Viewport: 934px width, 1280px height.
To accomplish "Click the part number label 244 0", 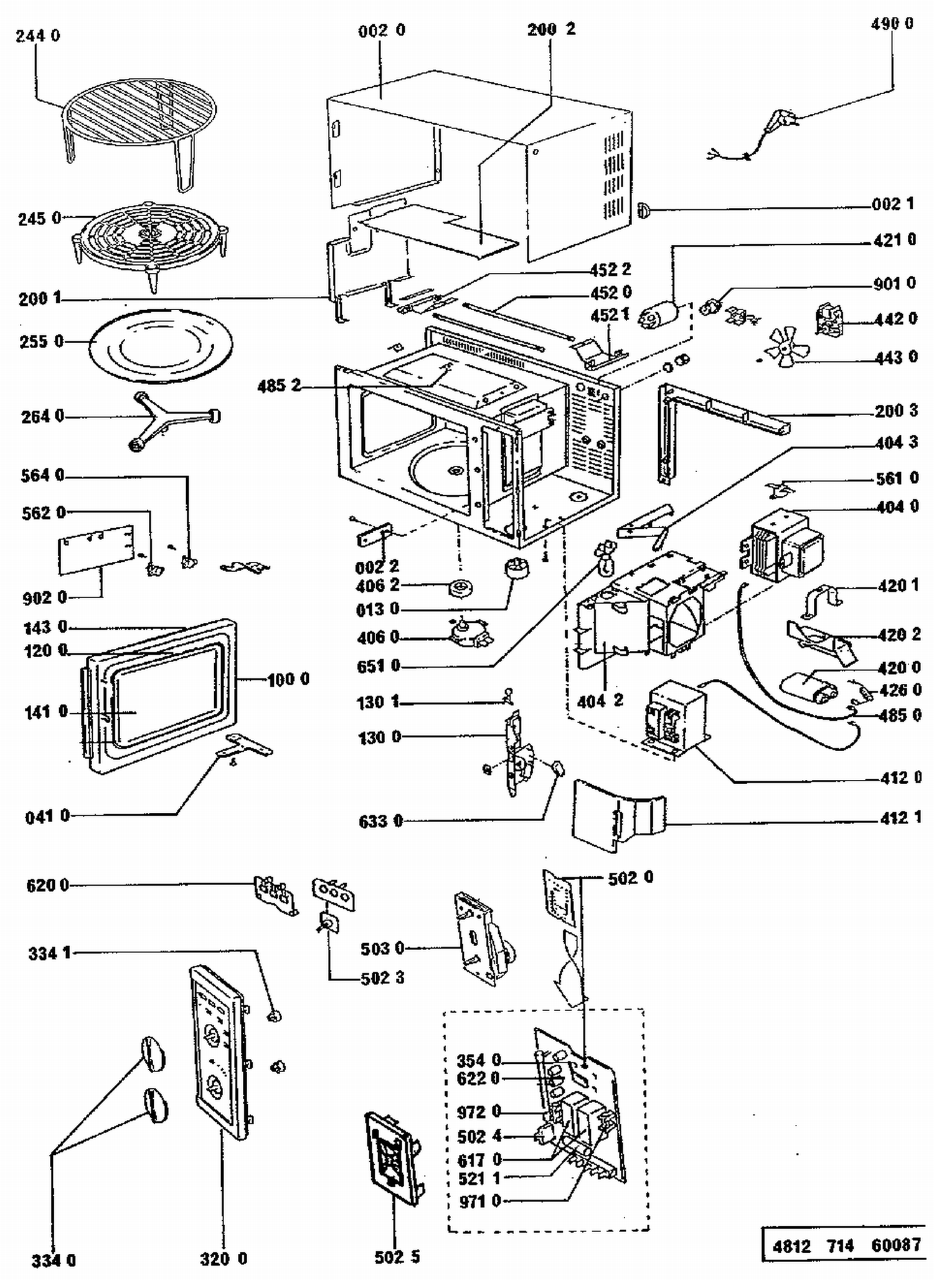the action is click(x=38, y=36).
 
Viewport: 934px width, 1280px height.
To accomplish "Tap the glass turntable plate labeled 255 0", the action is click(x=161, y=346).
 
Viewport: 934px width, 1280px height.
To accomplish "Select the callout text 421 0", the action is click(x=894, y=240).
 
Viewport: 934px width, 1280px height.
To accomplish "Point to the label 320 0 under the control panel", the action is click(x=224, y=1258).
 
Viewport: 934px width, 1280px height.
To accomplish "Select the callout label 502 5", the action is click(x=397, y=1256).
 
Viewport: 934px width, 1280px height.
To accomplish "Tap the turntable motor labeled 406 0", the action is click(x=469, y=632).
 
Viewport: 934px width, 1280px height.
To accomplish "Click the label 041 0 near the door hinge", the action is click(x=47, y=816).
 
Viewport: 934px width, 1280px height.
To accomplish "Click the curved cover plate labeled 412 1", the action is click(x=618, y=815).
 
